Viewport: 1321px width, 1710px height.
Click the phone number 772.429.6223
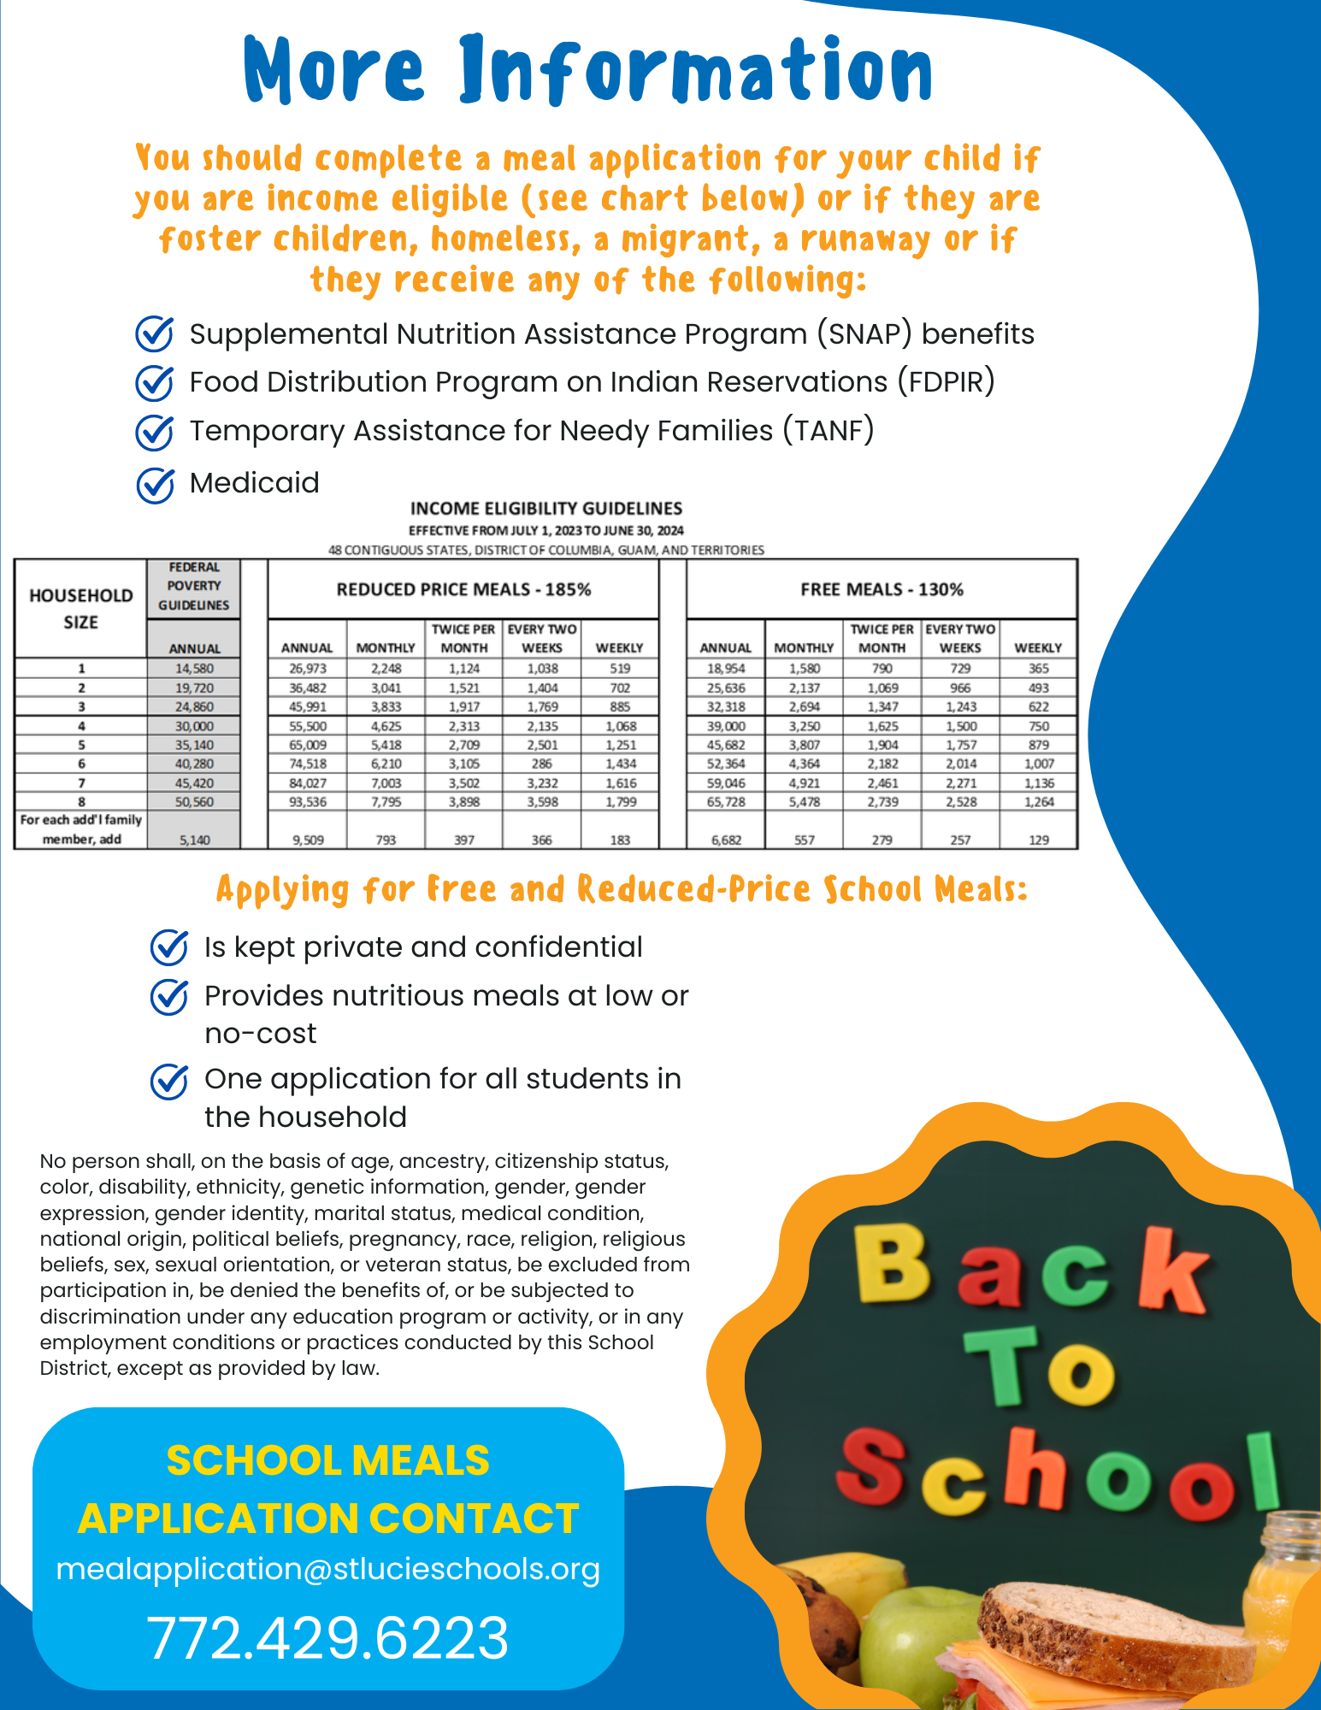click(x=327, y=1638)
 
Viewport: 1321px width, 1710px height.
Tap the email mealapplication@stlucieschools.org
click(x=327, y=1569)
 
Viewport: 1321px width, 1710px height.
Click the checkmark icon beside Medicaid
click(x=155, y=485)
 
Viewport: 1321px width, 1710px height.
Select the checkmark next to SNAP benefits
click(x=155, y=333)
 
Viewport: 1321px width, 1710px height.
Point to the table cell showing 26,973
click(x=306, y=669)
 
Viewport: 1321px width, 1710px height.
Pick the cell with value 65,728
click(x=726, y=802)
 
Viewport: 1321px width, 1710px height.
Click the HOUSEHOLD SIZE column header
click(x=80, y=609)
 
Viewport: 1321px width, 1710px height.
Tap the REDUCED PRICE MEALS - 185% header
click(x=463, y=589)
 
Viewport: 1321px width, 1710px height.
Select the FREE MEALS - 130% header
click(x=882, y=589)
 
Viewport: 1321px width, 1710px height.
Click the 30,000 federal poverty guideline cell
click(x=194, y=726)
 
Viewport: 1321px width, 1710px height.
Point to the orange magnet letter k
click(x=1177, y=1271)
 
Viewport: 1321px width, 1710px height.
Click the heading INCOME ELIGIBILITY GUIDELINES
click(x=546, y=509)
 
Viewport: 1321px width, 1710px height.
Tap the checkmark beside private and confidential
click(x=169, y=946)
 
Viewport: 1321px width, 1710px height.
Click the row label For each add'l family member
click(x=80, y=829)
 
